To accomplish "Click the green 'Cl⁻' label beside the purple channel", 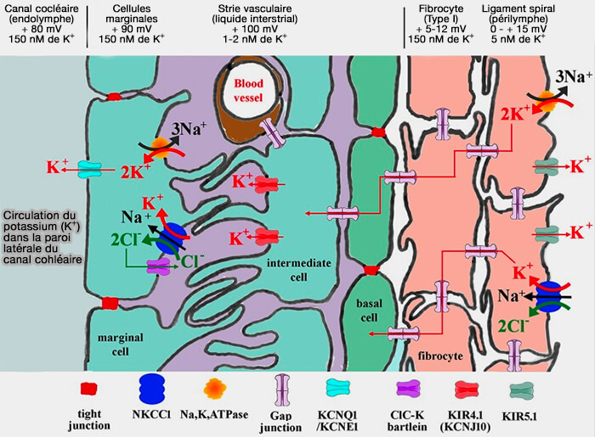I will (x=191, y=261).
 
